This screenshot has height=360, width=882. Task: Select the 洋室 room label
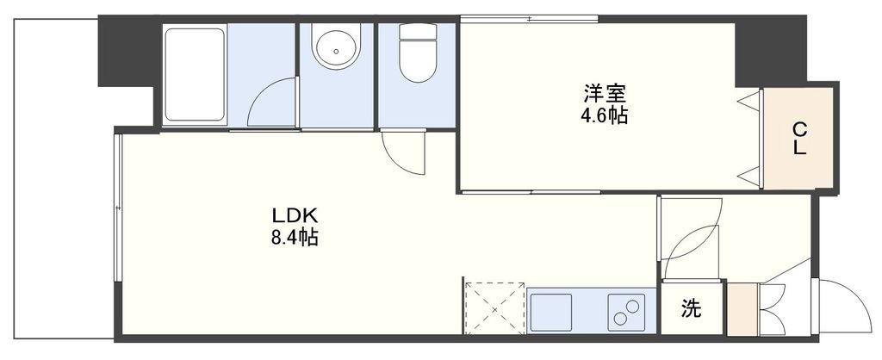coord(603,91)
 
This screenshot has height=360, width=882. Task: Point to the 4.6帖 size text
coord(603,115)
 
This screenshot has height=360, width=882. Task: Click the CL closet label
coord(800,139)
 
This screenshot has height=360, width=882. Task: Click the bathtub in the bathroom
coord(194,74)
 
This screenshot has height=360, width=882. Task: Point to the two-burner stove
coord(628,312)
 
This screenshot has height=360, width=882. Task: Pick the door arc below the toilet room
coord(403,153)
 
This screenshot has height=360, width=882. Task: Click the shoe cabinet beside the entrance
coord(741,309)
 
